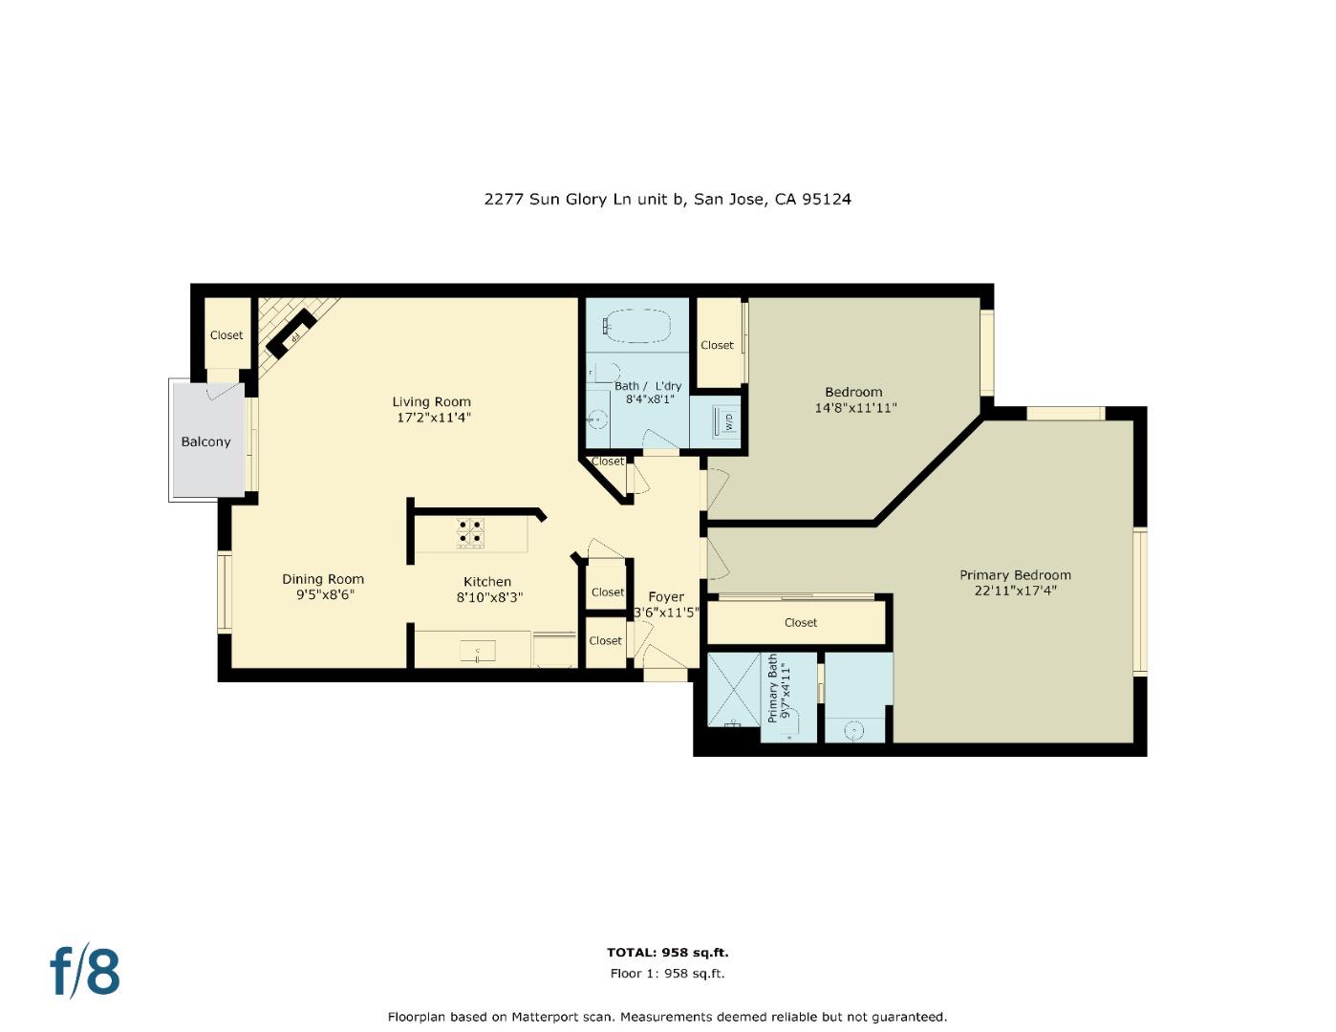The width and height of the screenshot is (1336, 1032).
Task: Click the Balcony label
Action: click(x=205, y=441)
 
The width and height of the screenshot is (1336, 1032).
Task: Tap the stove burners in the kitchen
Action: click(x=469, y=531)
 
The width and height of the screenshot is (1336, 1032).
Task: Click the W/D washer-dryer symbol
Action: click(x=725, y=420)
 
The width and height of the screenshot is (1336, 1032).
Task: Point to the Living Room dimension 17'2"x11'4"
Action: click(x=434, y=418)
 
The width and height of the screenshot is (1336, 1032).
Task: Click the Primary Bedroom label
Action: click(x=1015, y=574)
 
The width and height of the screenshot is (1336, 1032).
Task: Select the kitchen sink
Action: click(x=477, y=652)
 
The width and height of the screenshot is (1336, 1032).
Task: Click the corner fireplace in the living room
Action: click(x=290, y=333)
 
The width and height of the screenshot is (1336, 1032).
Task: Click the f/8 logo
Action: click(x=85, y=972)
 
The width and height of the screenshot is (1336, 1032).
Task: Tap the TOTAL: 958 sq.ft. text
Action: click(x=667, y=953)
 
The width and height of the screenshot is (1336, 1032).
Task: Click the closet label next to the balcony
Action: click(x=226, y=335)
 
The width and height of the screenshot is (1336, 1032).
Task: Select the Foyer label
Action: click(x=666, y=596)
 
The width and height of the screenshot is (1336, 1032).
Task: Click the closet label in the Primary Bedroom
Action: click(x=800, y=622)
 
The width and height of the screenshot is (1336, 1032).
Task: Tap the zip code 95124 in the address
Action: click(x=827, y=200)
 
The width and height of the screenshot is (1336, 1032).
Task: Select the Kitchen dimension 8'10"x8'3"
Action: click(x=488, y=598)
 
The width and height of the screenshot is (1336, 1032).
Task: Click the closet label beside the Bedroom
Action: click(x=717, y=345)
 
